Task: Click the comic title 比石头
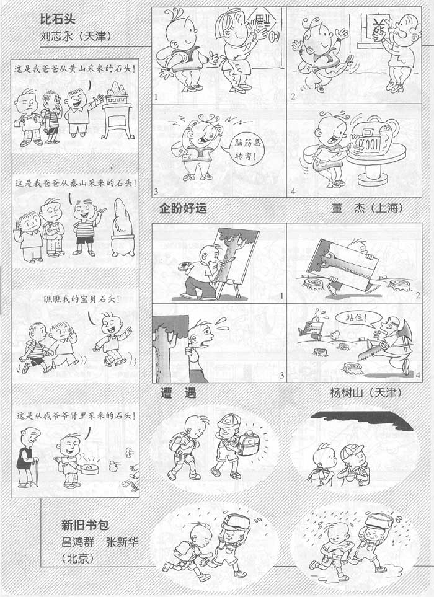58,19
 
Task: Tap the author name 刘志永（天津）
76,36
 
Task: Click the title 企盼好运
183,208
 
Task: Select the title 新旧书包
85,525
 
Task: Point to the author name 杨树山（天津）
365,392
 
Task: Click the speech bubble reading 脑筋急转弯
247,149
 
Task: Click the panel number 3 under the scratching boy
156,191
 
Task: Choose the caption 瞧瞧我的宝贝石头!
81,299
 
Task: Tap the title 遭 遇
178,392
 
